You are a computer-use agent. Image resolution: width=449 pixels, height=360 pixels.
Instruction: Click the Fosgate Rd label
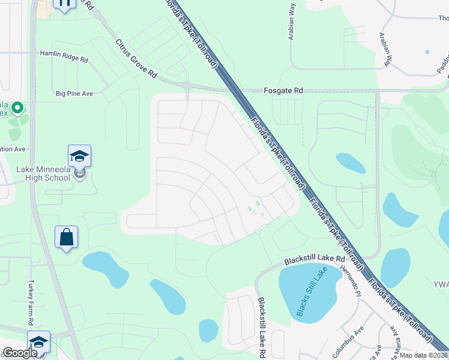[283, 91]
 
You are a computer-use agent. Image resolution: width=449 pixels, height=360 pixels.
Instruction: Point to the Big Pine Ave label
[74, 94]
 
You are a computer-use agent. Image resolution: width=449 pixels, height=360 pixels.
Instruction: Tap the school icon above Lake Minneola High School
[79, 157]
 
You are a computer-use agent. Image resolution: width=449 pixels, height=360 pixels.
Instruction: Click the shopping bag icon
[66, 238]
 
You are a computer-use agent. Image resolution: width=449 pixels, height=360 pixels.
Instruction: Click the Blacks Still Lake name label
[312, 292]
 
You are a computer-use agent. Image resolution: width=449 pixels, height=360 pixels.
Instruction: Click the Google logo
[20, 353]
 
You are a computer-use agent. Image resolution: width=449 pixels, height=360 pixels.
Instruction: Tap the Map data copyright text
[424, 355]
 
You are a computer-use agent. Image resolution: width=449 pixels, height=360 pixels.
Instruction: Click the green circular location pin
[17, 109]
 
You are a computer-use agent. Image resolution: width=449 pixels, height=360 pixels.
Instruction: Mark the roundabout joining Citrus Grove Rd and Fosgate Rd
[187, 86]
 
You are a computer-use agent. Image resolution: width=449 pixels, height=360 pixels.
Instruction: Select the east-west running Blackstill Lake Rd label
[315, 259]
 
